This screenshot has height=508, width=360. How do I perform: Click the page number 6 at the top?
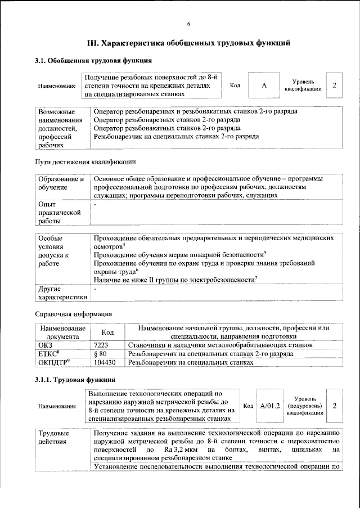click(188, 23)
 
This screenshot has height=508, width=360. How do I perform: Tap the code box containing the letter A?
click(264, 86)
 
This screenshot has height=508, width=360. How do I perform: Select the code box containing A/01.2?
click(271, 406)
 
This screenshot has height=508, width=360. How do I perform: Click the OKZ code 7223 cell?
click(101, 345)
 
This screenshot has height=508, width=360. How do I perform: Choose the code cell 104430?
click(105, 363)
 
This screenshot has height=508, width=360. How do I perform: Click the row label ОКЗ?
click(44, 345)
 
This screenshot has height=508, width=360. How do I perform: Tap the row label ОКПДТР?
click(53, 363)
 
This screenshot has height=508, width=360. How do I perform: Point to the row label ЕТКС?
click(48, 354)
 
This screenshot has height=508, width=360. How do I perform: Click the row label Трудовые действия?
click(54, 437)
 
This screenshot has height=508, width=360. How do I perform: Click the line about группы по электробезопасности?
click(175, 280)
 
